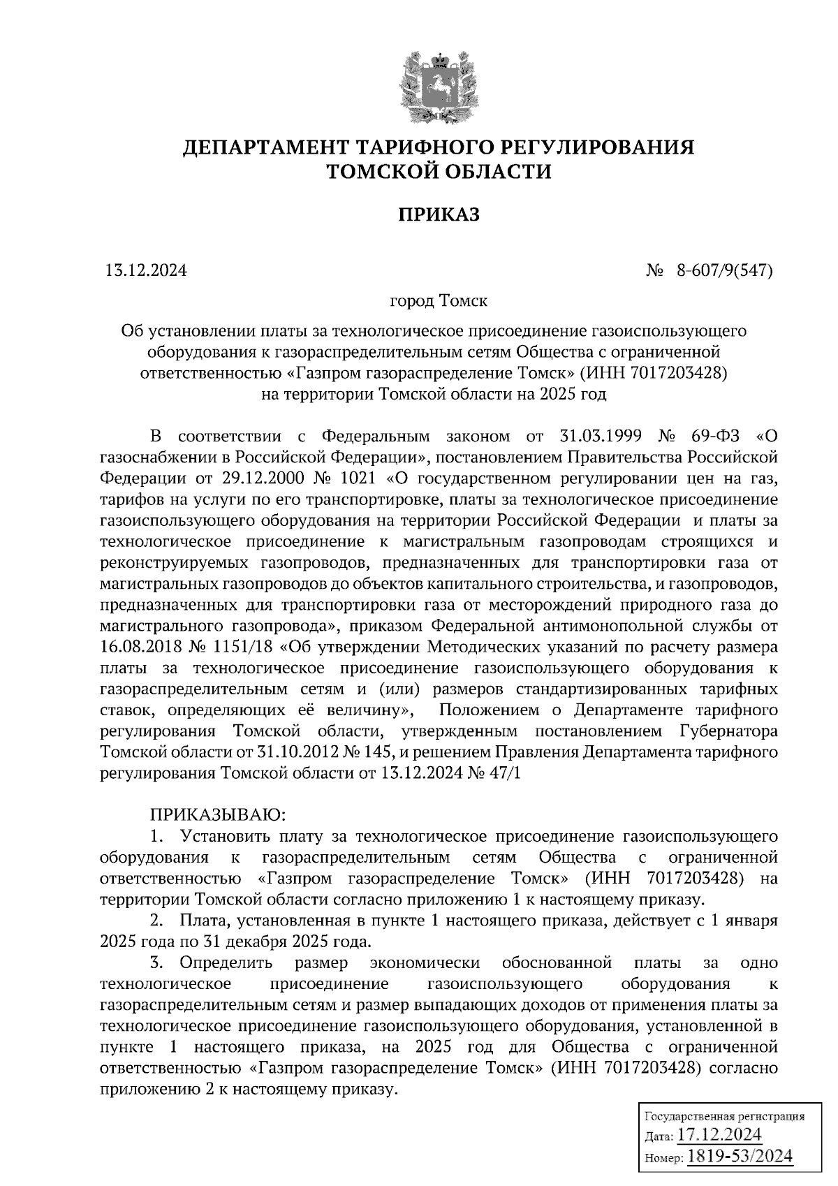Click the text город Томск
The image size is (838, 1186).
439,301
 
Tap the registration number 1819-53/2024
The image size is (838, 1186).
740,1156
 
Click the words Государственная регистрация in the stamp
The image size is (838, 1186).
723,1115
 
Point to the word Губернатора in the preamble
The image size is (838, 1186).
728,731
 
